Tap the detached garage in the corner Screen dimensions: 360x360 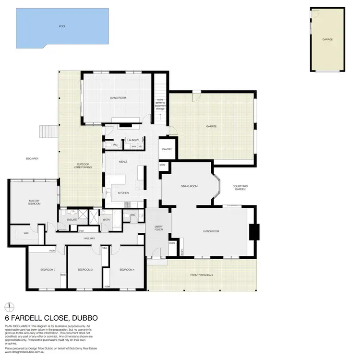click(x=328, y=39)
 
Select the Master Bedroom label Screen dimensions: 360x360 click(x=34, y=203)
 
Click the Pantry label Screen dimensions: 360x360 click(x=167, y=149)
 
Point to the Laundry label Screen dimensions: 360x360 click(x=133, y=140)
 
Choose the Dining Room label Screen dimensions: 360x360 click(x=189, y=186)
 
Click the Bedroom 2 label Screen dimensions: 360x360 click(x=48, y=270)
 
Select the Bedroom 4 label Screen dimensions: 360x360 click(x=127, y=270)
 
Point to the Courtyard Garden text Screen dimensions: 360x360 click(x=240, y=188)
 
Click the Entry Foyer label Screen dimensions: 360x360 click(x=158, y=228)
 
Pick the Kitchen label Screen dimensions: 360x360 click(x=123, y=193)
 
